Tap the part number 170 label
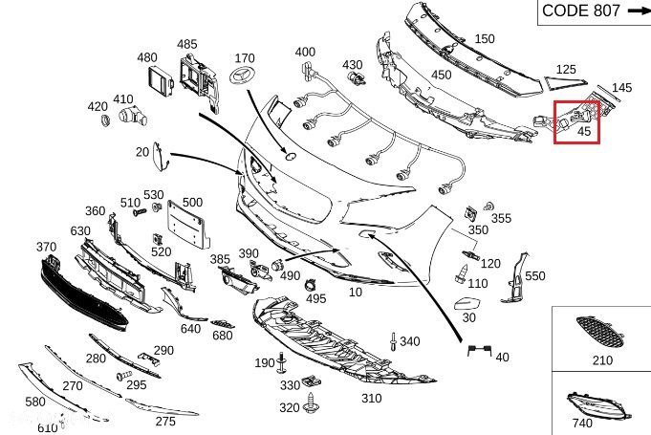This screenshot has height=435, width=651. point(245,59)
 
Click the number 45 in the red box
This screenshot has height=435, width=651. point(582,133)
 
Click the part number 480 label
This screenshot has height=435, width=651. point(147,58)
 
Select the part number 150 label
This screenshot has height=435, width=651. point(485,39)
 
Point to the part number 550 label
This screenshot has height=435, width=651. point(534,275)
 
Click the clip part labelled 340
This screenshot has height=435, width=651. point(393,341)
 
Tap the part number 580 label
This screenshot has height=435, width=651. point(35,402)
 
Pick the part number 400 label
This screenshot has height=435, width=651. point(305,52)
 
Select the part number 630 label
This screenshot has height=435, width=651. point(80,231)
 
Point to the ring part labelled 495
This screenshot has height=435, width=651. point(312,284)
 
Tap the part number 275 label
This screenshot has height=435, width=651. point(165,421)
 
